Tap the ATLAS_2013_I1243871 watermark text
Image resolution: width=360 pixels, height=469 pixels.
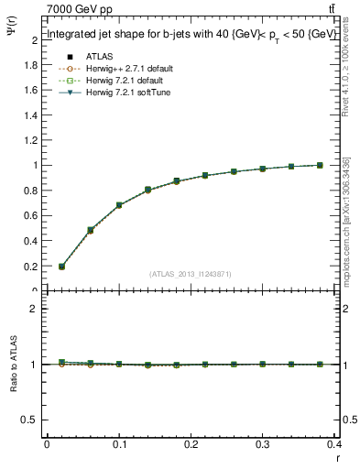(x=190, y=274)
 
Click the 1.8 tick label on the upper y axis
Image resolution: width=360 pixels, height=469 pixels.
(x=30, y=65)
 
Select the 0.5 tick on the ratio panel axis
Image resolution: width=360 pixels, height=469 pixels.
(x=30, y=420)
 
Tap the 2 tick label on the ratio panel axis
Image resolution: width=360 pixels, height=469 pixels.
(x=34, y=309)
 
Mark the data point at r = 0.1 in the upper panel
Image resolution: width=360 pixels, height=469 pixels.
(x=119, y=205)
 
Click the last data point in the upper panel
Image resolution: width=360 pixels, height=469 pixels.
(x=320, y=165)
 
